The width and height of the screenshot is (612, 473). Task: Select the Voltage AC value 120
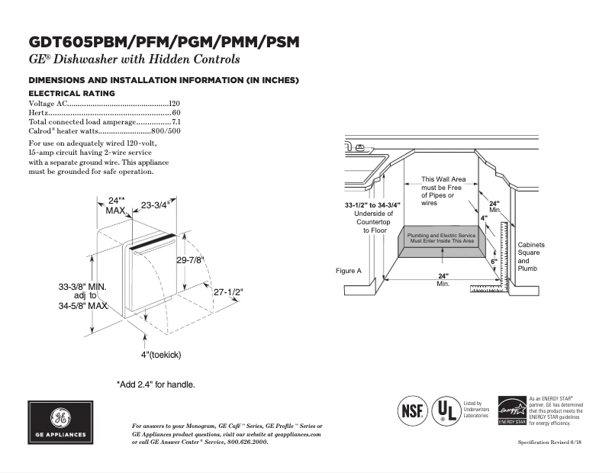(x=174, y=103)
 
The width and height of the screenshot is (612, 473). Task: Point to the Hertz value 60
(x=176, y=112)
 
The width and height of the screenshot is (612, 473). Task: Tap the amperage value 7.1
(x=176, y=121)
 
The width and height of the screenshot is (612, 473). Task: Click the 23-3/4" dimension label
(x=155, y=205)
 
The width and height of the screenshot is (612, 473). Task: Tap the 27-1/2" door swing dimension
(x=228, y=292)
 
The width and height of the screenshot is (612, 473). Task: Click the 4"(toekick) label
(x=160, y=355)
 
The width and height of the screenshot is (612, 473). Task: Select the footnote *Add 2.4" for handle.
(x=155, y=385)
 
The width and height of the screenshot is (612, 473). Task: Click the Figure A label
(x=349, y=271)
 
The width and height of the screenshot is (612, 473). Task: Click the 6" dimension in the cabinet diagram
(x=494, y=262)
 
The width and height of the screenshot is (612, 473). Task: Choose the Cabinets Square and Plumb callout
(x=528, y=256)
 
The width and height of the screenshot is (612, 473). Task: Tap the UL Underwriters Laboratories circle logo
(x=446, y=410)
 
